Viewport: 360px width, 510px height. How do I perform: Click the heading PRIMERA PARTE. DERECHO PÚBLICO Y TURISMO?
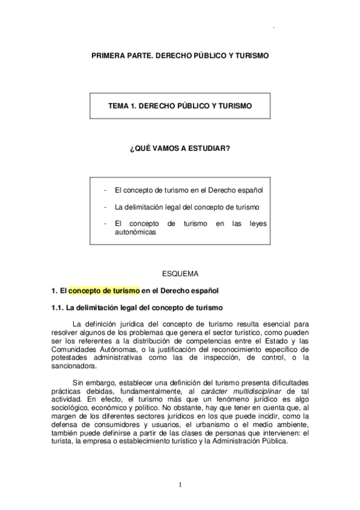(x=180, y=55)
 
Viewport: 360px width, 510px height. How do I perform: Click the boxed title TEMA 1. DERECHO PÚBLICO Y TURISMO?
(x=180, y=105)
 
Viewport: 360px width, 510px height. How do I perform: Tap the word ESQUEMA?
(x=180, y=274)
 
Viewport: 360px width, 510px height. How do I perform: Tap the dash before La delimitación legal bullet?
(x=105, y=207)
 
